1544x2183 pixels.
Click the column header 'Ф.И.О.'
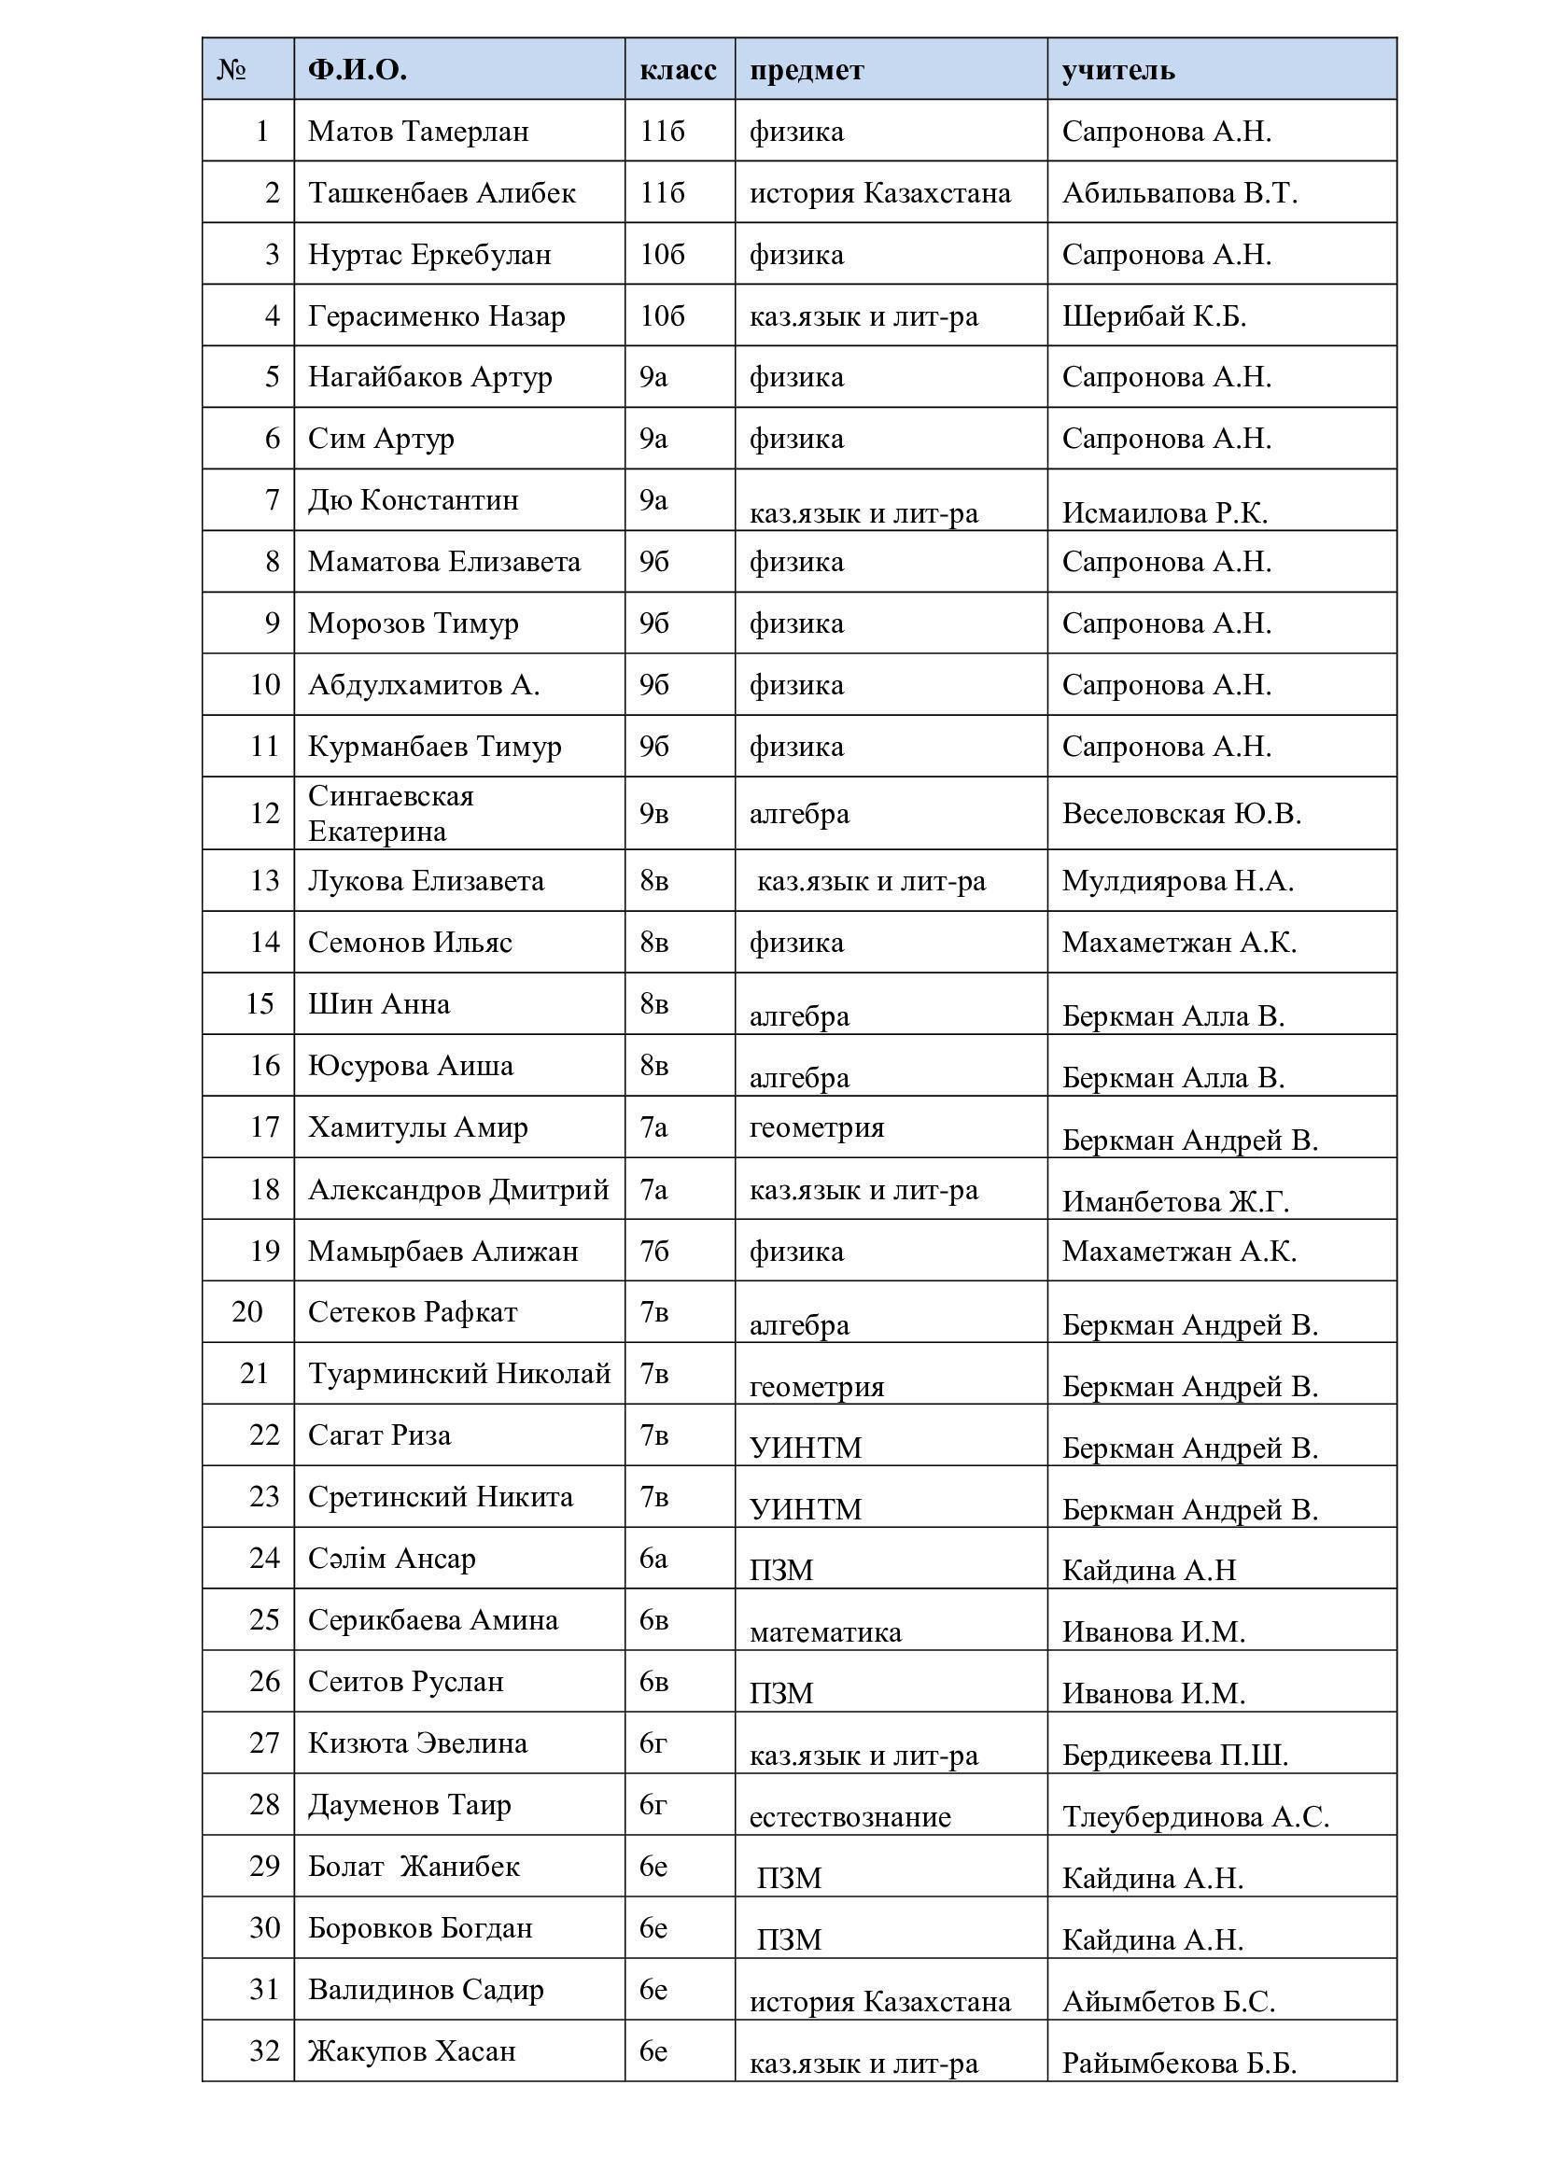[357, 69]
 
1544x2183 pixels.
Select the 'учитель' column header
[1117, 70]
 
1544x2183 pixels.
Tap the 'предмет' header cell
[807, 70]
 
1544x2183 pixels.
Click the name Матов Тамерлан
[418, 132]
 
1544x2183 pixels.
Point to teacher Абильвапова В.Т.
[1179, 193]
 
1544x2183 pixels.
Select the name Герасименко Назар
[436, 315]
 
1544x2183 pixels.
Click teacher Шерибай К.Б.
[1153, 315]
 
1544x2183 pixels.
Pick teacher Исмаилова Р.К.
[1164, 513]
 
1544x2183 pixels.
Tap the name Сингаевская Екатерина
[391, 813]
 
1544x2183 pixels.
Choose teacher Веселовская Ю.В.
[1181, 814]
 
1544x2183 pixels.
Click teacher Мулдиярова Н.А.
[1177, 881]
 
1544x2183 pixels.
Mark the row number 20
[247, 1312]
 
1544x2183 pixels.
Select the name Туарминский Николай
[459, 1374]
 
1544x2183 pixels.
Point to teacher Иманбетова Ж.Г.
[1175, 1203]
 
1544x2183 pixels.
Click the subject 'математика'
[825, 1632]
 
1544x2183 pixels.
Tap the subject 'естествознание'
[850, 1817]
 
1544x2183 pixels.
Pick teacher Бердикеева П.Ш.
[1175, 1756]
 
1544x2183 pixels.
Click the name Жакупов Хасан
[412, 2050]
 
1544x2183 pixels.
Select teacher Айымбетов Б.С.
[1168, 2001]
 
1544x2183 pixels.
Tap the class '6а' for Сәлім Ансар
[653, 1559]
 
